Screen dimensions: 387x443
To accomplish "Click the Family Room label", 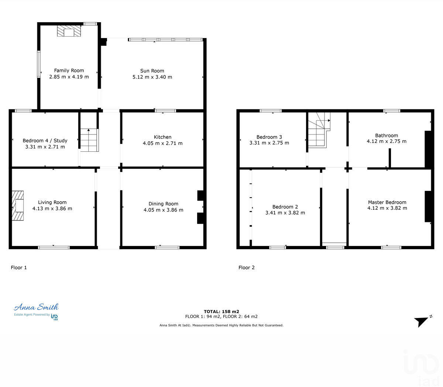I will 69,71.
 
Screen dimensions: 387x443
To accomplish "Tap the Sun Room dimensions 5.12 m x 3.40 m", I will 152,77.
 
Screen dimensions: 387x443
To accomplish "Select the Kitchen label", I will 162,137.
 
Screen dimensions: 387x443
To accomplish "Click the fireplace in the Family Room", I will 69,31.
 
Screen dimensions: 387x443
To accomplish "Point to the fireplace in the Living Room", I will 17,206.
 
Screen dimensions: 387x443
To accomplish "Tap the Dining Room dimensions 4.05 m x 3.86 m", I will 163,210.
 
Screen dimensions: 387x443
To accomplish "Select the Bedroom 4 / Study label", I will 45,141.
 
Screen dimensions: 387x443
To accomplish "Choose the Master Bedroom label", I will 387,202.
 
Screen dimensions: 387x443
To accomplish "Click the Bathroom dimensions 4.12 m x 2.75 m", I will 386,141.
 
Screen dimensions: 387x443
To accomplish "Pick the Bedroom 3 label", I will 269,137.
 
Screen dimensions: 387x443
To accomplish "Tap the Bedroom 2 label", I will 285,207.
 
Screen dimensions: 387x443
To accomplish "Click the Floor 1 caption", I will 19,268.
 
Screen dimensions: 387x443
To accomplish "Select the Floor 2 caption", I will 247,268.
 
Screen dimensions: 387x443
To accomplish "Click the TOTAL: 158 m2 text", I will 221,312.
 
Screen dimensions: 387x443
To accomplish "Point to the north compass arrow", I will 421,321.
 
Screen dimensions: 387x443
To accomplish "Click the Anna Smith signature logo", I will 36,307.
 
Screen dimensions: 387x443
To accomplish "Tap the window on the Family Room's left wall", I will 38,64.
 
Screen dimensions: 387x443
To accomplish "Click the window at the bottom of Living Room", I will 54,247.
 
